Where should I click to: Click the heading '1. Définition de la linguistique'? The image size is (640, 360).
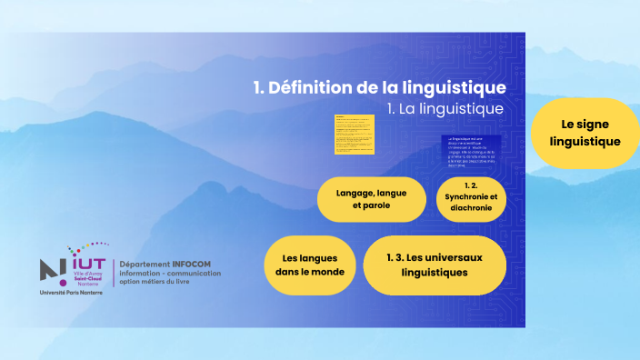click(x=379, y=88)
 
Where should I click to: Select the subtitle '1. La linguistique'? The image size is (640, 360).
click(x=445, y=109)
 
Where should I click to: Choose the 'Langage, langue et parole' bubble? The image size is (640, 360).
click(x=371, y=199)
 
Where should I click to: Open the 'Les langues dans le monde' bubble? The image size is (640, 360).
click(x=310, y=265)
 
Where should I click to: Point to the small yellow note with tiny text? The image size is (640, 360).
click(x=355, y=133)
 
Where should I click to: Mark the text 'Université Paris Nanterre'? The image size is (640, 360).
click(x=71, y=294)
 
